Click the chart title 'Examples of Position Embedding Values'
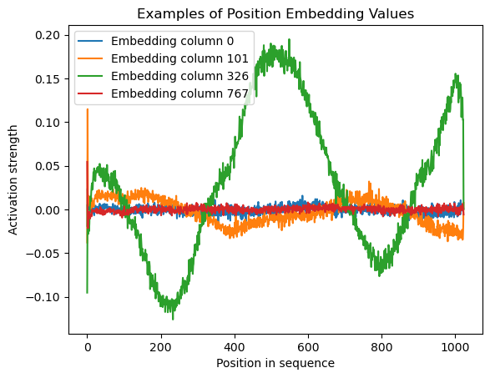coord(275,13)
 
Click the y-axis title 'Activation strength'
coord(13,180)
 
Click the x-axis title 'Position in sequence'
coord(275,363)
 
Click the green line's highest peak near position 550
coord(289,40)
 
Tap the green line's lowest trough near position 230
coord(173,319)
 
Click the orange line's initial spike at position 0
coord(88,109)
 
